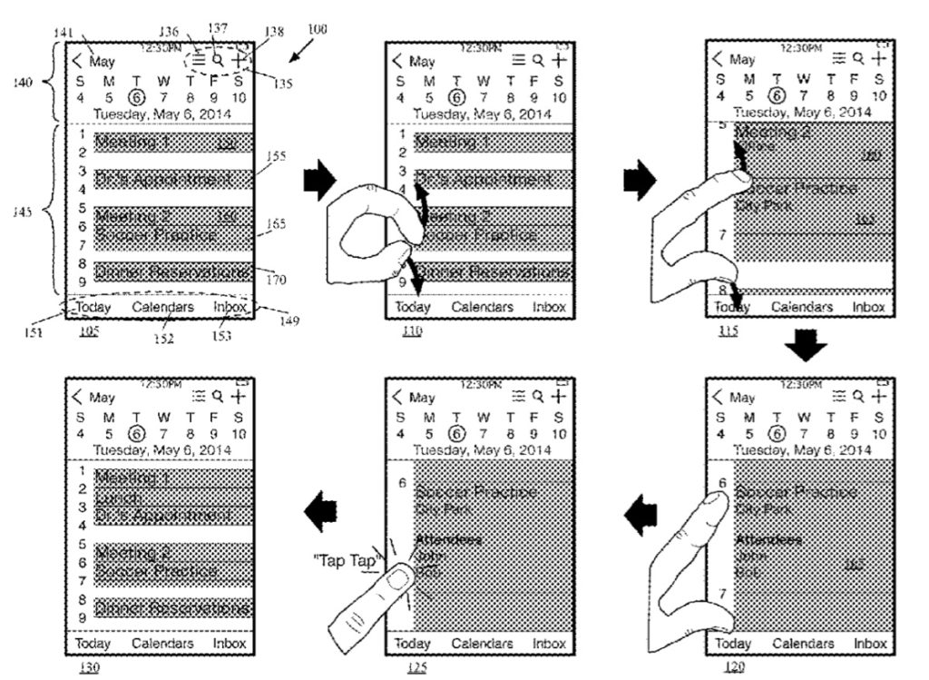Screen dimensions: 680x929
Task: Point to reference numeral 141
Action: click(63, 32)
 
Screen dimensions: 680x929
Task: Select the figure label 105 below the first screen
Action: click(88, 331)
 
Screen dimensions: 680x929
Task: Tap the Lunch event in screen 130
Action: click(120, 498)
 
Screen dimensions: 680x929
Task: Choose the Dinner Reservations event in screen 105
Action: click(171, 272)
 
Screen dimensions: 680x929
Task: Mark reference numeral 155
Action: click(276, 156)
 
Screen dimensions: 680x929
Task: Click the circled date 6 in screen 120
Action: click(776, 432)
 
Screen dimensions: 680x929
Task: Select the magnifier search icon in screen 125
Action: click(537, 397)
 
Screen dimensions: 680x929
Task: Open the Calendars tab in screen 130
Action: click(162, 644)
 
